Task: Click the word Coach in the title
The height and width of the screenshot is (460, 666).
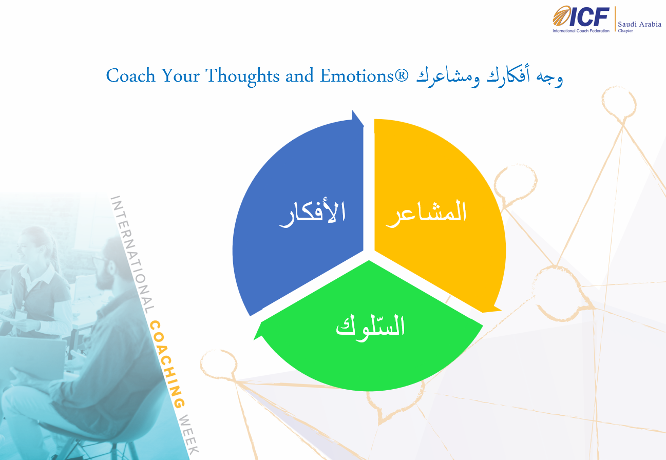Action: [131, 75]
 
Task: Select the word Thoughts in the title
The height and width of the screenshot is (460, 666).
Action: [242, 76]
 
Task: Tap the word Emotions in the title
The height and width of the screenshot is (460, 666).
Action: [357, 75]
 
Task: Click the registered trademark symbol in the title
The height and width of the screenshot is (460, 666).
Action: [402, 75]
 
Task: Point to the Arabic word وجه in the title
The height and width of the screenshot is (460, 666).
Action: [550, 78]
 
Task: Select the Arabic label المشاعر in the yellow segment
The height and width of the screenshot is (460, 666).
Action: [426, 214]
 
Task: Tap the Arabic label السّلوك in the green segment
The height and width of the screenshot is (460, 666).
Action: [370, 328]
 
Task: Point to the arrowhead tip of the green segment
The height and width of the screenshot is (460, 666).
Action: [254, 339]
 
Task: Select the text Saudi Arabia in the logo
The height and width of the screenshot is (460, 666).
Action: [639, 24]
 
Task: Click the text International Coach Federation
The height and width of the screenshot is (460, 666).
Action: [581, 31]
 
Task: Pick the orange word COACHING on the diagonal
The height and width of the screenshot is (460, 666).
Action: [167, 364]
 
